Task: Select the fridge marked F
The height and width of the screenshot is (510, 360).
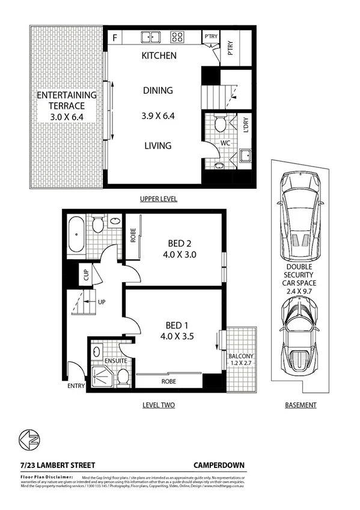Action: [x=114, y=37]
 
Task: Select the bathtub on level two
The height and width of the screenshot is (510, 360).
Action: [x=76, y=235]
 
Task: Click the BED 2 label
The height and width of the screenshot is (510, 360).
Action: [x=180, y=243]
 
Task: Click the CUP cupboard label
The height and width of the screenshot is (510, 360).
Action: [x=85, y=274]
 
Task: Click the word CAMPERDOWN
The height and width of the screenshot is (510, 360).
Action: [x=218, y=465]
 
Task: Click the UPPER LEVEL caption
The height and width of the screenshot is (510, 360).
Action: [x=158, y=198]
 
